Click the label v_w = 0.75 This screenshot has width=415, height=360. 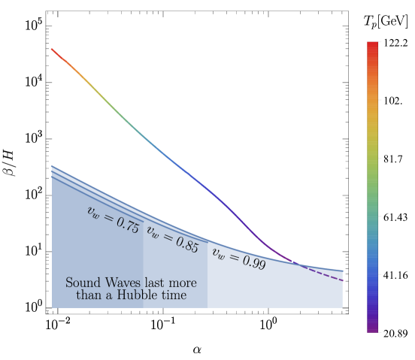(113, 219)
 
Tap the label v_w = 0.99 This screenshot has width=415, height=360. (238, 259)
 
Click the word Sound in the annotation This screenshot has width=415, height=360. (81, 283)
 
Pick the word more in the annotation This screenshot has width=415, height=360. (182, 283)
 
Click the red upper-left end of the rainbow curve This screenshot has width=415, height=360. (53, 50)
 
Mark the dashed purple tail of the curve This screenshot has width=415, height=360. (323, 274)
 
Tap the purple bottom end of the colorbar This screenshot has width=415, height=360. (372, 329)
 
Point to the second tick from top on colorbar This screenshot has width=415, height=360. (380, 99)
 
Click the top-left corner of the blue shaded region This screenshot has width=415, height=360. (52, 166)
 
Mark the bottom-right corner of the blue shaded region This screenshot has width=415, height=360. (342, 307)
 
